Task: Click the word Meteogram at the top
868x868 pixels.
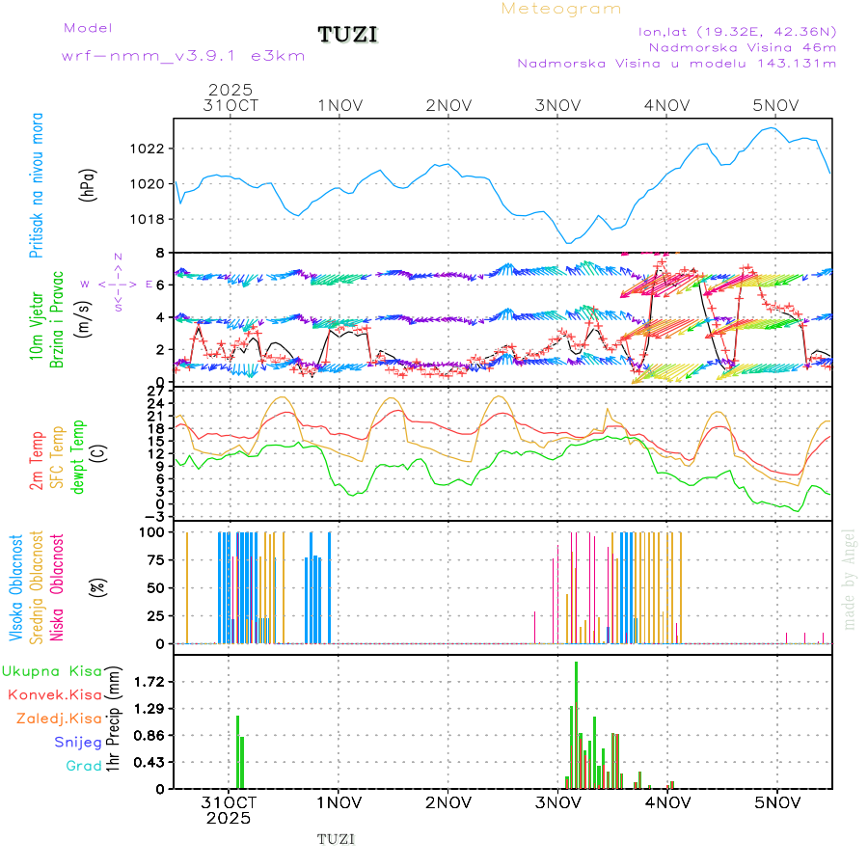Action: pos(561,9)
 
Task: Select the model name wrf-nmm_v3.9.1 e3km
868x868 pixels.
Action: pos(183,56)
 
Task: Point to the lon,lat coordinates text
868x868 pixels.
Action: pos(738,31)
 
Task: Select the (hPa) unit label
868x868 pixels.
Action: pos(87,184)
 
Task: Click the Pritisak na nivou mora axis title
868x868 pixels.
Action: pos(37,184)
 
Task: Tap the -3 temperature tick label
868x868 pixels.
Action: pos(155,516)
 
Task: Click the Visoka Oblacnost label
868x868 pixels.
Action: pos(16,588)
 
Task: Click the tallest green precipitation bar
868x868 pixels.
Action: pos(576,723)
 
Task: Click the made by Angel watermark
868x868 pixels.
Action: pos(850,579)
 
